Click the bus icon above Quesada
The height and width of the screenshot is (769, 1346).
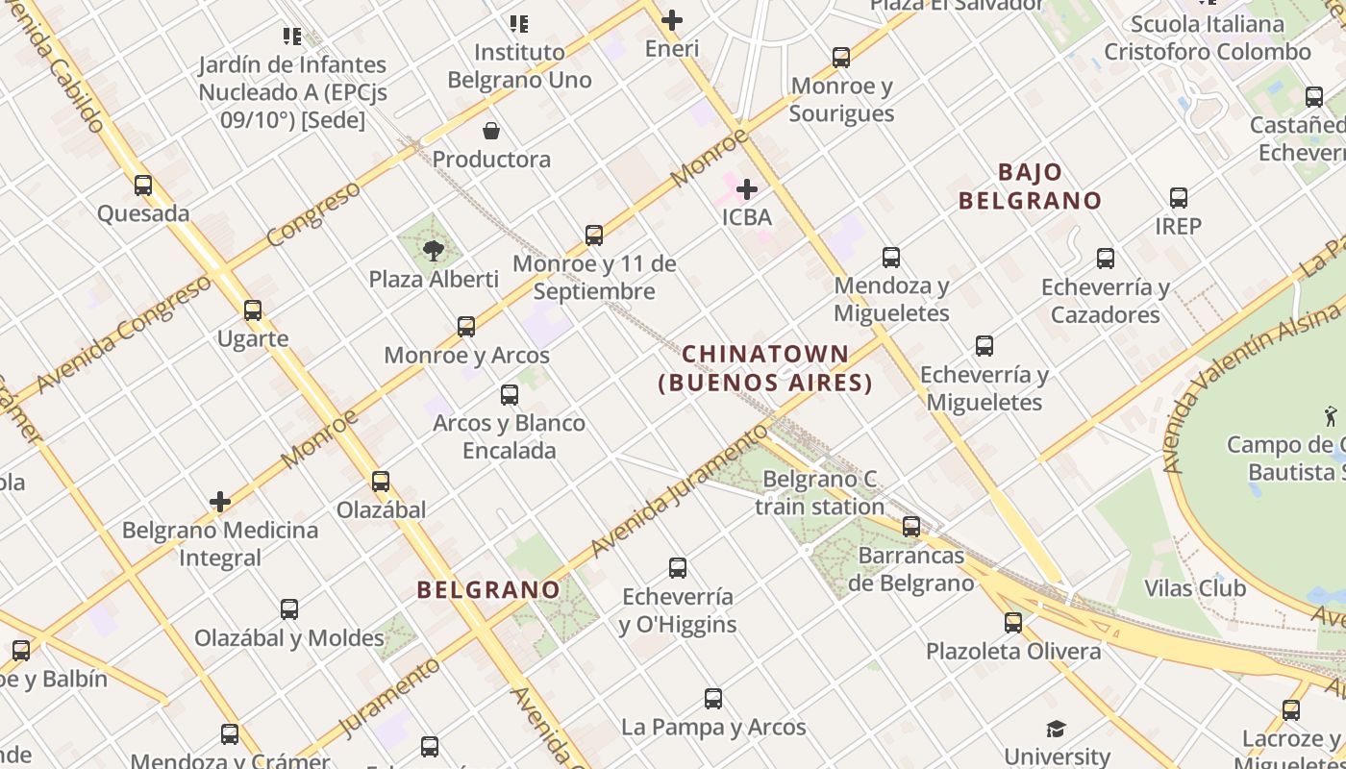(x=143, y=186)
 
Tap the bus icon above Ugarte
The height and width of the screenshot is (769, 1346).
(x=253, y=310)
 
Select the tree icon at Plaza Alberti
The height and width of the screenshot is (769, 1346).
(x=434, y=251)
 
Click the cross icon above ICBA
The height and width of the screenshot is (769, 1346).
(x=747, y=189)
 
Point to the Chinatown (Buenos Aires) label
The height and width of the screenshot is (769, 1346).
(x=765, y=369)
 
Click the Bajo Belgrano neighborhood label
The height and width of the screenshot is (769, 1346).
(x=1030, y=186)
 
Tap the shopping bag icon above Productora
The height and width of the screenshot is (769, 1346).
(x=491, y=131)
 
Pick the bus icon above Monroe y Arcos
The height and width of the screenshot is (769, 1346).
(x=466, y=327)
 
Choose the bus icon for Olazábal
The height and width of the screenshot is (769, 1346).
(x=381, y=482)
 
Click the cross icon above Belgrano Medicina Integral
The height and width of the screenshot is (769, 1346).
(x=220, y=502)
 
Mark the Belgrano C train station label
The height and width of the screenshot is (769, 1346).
(x=819, y=492)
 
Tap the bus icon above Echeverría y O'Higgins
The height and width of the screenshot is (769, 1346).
(x=678, y=568)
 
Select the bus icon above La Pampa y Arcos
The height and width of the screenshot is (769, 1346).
(x=713, y=699)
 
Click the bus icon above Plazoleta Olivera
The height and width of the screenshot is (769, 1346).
(x=1013, y=623)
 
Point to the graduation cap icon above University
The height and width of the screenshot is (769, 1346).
(x=1057, y=729)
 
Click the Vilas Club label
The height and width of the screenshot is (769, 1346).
(x=1195, y=588)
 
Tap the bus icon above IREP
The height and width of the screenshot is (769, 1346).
(x=1179, y=198)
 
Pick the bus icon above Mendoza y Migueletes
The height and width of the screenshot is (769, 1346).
(x=891, y=258)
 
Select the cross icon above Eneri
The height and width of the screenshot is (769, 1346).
(x=672, y=19)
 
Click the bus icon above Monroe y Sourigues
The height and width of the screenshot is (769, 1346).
(x=841, y=58)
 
